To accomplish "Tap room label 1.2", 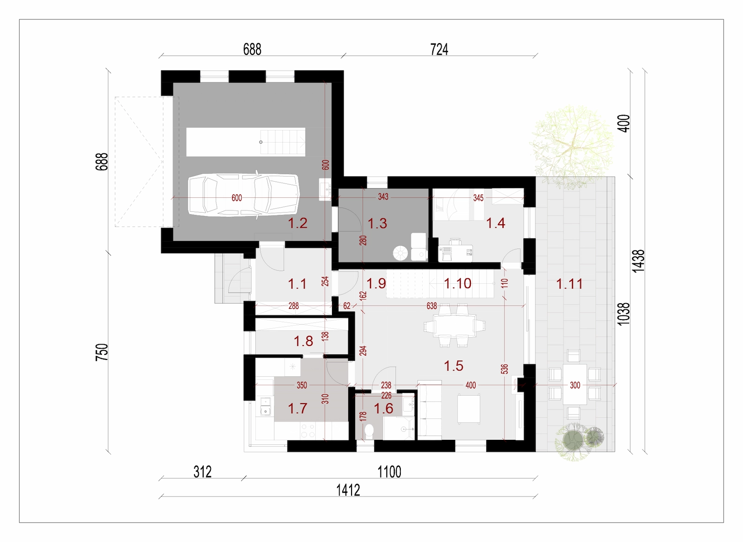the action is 297,223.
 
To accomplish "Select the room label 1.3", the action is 377,223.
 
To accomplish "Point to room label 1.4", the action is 495,223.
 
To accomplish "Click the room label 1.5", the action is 453,366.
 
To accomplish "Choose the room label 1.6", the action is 384,409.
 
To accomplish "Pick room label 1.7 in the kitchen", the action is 297,409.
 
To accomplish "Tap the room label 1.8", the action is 303,341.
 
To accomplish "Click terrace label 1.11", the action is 569,284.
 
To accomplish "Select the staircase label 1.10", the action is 457,284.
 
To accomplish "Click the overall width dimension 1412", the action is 348,490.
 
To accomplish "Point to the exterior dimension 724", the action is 439,50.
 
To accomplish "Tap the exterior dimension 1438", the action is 639,261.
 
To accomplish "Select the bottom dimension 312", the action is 202,472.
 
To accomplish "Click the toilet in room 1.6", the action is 369,431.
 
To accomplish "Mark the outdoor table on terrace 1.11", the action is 574,384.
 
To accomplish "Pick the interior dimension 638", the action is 431,306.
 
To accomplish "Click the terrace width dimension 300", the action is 575,385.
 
